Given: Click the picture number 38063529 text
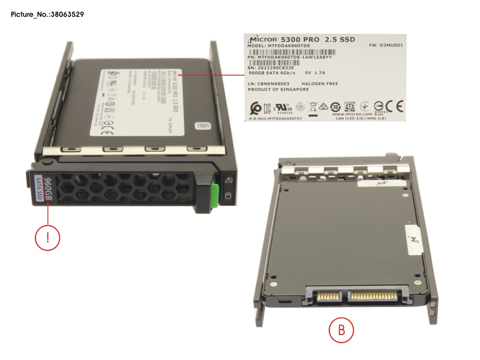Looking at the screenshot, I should (47, 14).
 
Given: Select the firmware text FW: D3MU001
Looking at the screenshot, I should (386, 45).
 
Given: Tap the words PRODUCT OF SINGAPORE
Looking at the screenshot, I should (278, 90).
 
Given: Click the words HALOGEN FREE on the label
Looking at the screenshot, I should (319, 84).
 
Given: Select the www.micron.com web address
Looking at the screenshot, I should (352, 114).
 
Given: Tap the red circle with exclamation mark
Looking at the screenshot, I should (48, 238).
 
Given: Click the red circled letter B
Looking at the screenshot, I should (341, 330).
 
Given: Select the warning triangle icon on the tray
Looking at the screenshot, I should (229, 180).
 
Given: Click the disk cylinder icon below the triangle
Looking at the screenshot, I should (228, 196).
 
